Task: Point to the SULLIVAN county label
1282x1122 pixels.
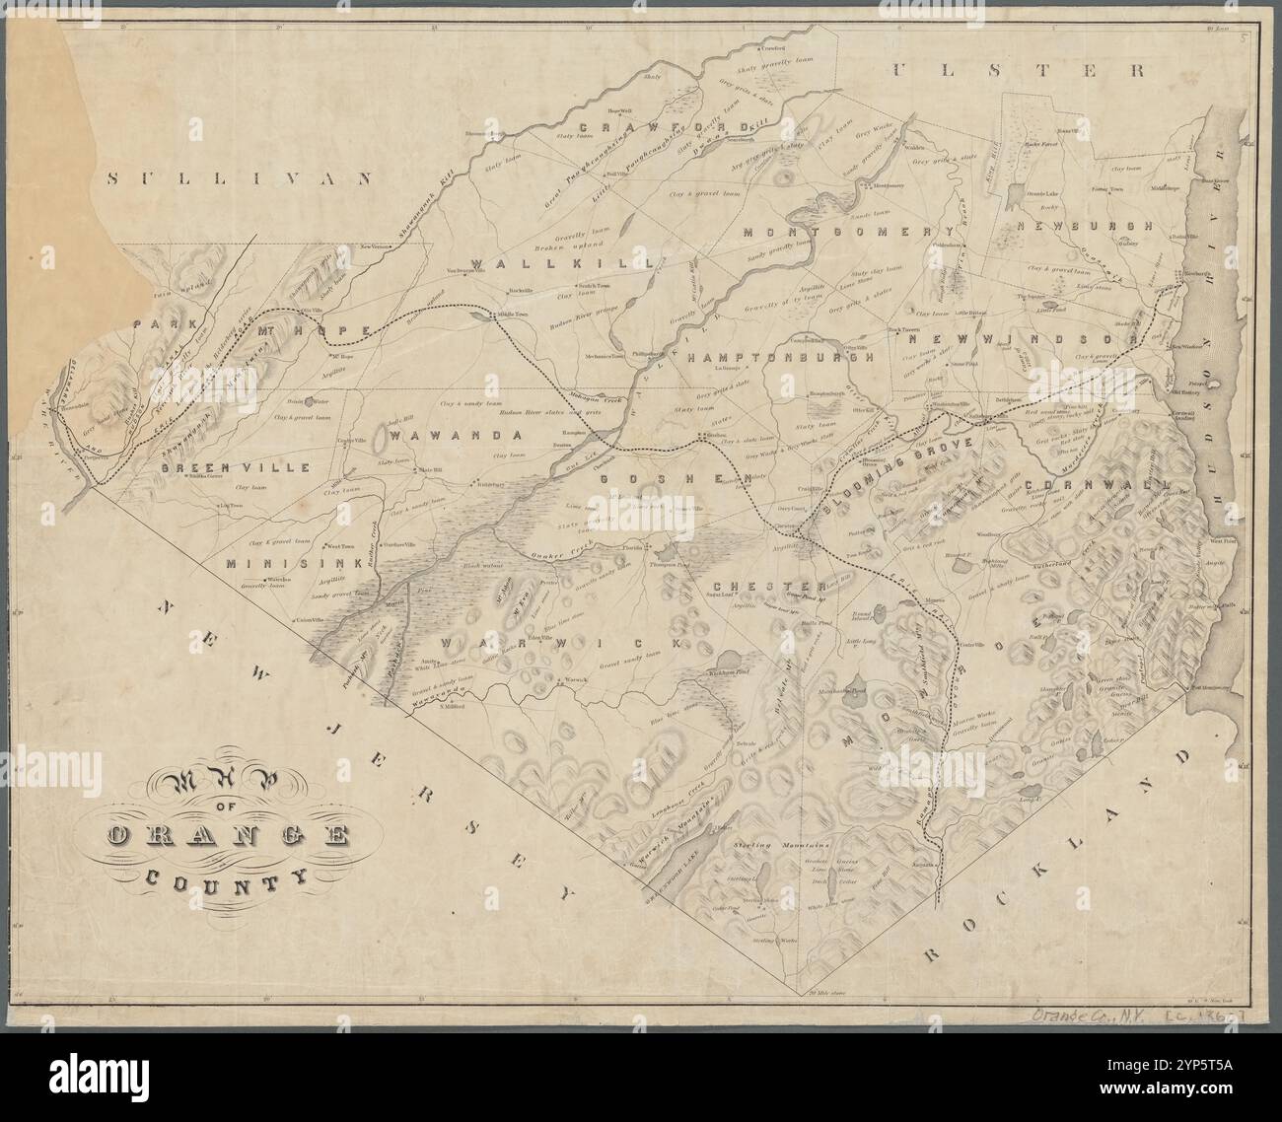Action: (x=242, y=178)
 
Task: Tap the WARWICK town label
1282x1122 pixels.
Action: (x=561, y=643)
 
